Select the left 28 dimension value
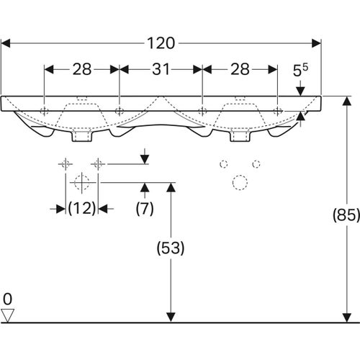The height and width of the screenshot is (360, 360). [x=81, y=69]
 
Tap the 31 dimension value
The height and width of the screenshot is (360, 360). [x=161, y=69]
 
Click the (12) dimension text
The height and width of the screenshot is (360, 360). [x=81, y=209]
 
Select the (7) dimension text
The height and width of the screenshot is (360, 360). [x=145, y=209]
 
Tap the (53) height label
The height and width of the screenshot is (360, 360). [x=171, y=248]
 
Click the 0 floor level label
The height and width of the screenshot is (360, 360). [x=8, y=297]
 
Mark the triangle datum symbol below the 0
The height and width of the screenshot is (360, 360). [x=8, y=315]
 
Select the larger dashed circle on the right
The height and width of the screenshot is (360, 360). [x=238, y=182]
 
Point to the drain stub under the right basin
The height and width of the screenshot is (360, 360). [x=238, y=135]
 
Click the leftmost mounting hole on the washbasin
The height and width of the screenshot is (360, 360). [x=45, y=111]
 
